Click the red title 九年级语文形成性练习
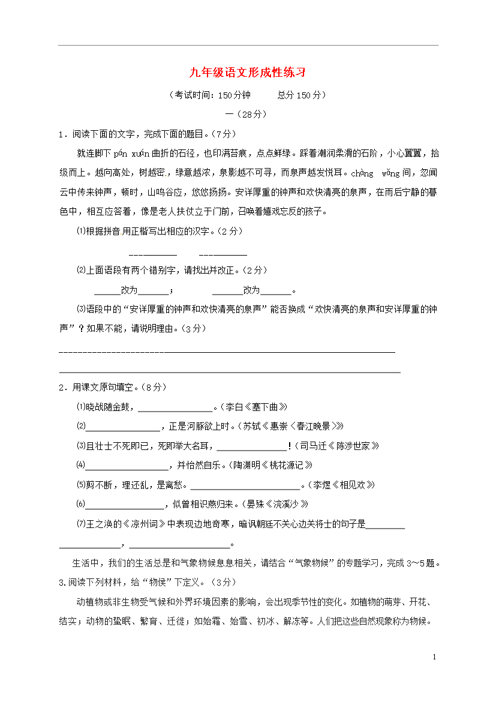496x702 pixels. pyautogui.click(x=248, y=73)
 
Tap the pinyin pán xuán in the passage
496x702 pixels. pyautogui.click(x=130, y=153)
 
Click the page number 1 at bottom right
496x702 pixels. pyautogui.click(x=434, y=657)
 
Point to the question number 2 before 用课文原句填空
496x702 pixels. pyautogui.click(x=61, y=388)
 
